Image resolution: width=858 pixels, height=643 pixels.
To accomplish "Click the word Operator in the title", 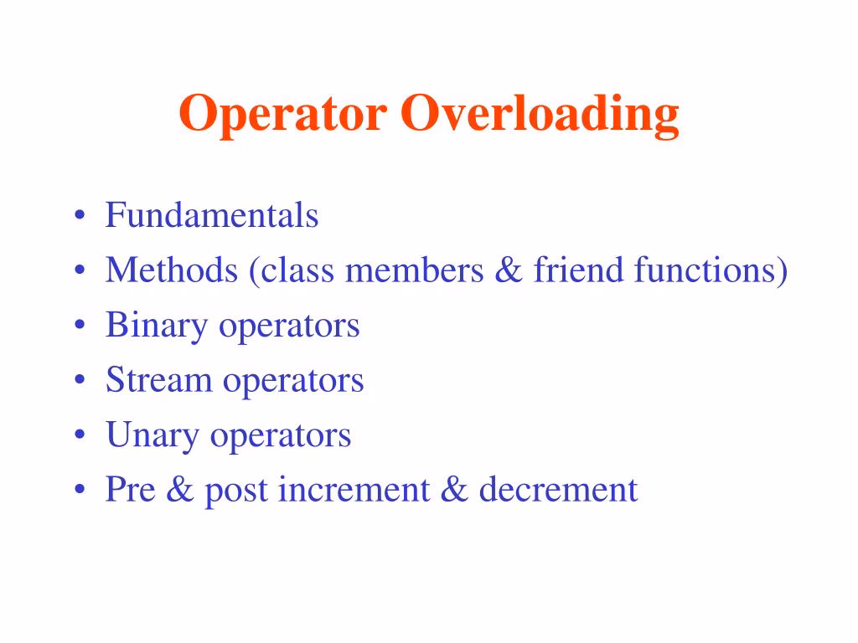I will (x=282, y=114).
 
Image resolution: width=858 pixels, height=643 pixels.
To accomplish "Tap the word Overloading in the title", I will (x=539, y=116).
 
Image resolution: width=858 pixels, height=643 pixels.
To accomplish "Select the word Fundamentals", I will (x=211, y=215).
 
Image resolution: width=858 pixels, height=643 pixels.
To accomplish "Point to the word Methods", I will (x=171, y=270).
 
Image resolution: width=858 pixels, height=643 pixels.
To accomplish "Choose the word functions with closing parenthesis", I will (x=711, y=271).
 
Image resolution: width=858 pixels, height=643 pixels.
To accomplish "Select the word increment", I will (x=353, y=490).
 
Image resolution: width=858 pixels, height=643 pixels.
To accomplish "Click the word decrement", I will (x=558, y=490).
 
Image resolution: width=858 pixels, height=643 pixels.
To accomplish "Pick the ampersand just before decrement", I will (x=453, y=490).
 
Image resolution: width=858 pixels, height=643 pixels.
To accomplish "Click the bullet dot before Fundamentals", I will (x=79, y=217).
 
